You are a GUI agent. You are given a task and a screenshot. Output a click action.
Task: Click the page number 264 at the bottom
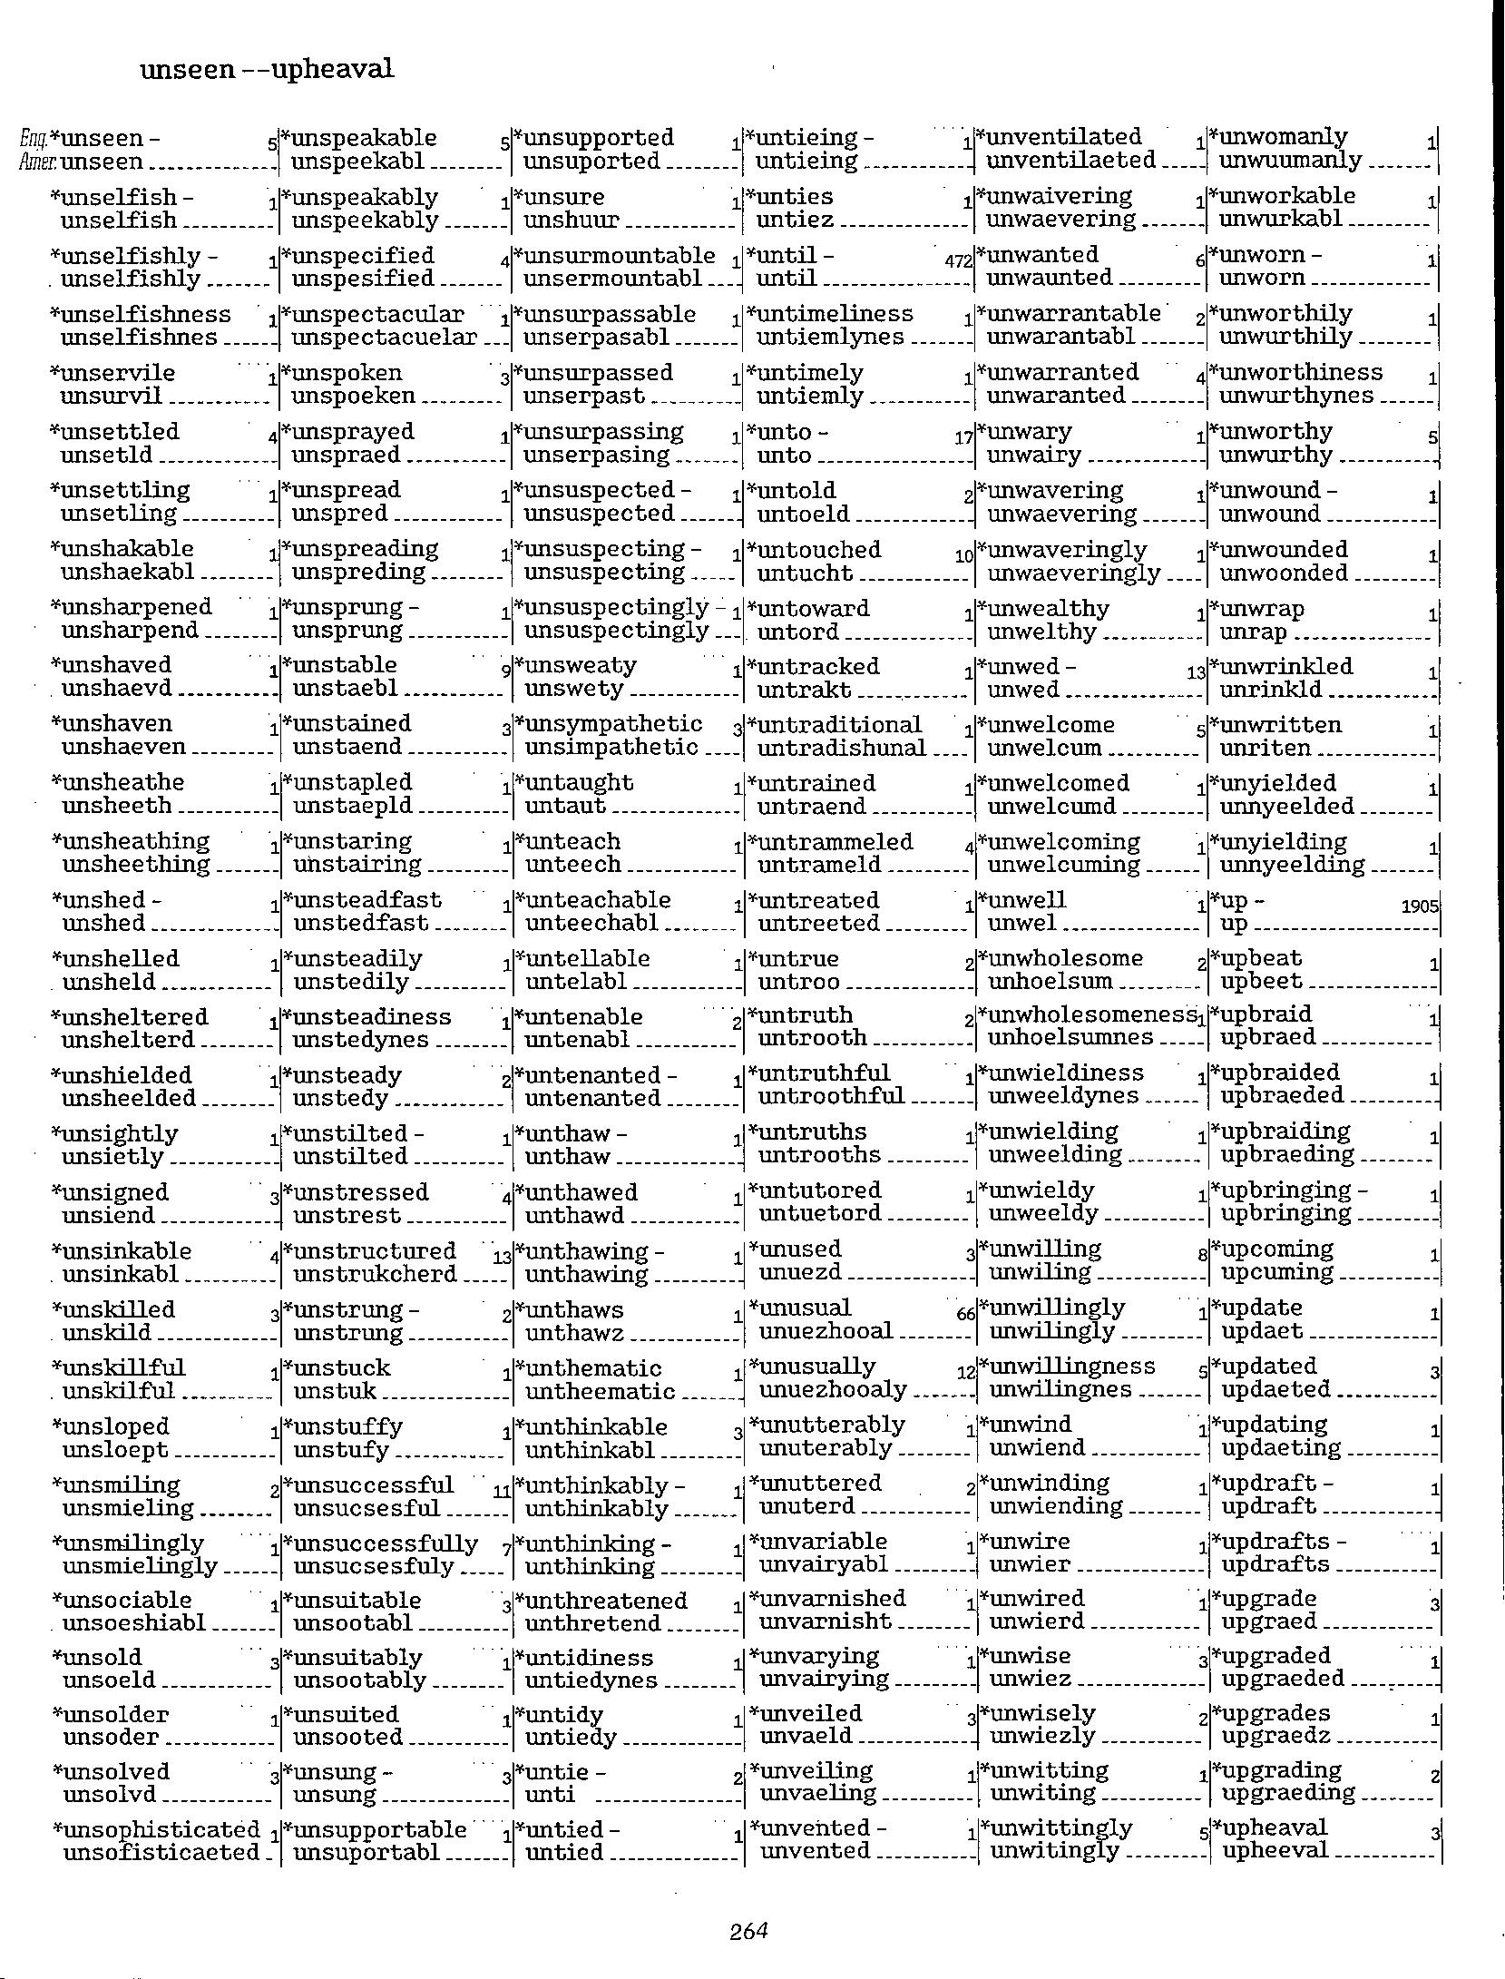748,1931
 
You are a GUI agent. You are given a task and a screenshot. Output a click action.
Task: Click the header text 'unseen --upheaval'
267,69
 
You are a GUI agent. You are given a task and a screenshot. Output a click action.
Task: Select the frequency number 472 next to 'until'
958,261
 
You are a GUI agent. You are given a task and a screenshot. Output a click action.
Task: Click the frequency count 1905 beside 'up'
1420,906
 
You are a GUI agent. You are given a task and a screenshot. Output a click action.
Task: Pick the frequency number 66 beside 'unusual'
964,1315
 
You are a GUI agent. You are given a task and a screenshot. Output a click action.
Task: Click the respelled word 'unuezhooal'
826,1332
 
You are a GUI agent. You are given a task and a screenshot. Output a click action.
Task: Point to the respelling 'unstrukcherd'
375,1274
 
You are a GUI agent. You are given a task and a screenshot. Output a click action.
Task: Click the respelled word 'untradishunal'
841,748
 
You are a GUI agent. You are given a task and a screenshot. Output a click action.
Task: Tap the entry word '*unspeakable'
359,138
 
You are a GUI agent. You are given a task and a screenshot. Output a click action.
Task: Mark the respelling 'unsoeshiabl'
133,1622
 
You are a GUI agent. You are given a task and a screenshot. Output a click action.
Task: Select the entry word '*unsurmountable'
615,256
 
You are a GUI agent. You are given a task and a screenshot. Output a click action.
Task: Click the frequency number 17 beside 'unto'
964,438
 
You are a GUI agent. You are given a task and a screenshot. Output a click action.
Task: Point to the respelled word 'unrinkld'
1271,690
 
